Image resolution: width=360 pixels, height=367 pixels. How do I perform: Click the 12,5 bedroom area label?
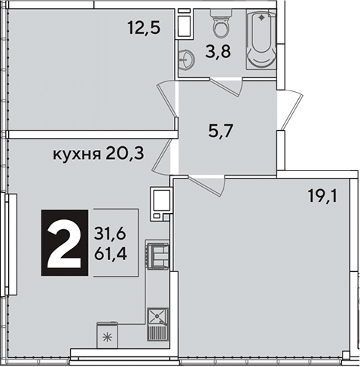point(144,27)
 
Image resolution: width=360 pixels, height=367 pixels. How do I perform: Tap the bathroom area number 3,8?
point(218,52)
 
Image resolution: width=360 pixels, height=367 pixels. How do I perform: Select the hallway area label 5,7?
point(221,131)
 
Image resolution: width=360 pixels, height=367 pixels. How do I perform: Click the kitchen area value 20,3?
point(125,154)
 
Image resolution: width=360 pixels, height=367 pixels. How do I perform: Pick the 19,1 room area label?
point(322,196)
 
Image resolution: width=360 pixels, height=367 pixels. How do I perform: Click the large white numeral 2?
point(65,243)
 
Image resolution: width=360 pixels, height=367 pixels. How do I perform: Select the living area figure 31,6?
point(110,234)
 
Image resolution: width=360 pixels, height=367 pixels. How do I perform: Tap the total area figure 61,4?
point(110,253)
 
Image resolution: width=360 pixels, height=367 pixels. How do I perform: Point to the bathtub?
point(261,39)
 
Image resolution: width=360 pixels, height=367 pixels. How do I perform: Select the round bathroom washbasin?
point(186,59)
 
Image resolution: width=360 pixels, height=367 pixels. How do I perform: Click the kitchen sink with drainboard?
point(157,324)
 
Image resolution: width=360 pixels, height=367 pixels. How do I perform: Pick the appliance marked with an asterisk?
point(108,335)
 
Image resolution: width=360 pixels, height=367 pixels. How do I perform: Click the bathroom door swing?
point(227,87)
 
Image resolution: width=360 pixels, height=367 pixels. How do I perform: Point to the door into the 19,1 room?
point(206,186)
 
